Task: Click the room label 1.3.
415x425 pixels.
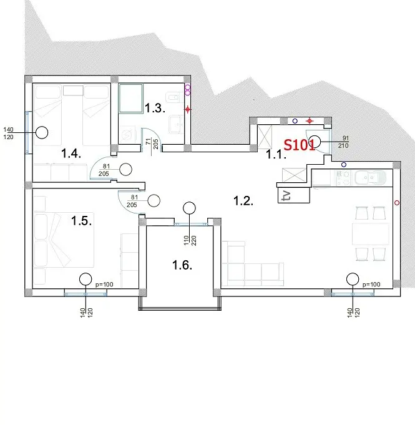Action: pos(155,108)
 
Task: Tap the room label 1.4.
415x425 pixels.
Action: pos(71,154)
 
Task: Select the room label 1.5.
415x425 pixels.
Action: pos(81,221)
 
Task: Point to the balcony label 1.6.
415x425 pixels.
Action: pos(182,265)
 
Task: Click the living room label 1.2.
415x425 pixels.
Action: pos(243,201)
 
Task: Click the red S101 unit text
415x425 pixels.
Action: pos(299,145)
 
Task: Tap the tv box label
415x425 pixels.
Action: pos(286,195)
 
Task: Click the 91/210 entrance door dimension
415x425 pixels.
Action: pos(343,142)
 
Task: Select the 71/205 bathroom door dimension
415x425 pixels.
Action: pos(152,144)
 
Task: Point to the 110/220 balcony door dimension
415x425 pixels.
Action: pos(190,240)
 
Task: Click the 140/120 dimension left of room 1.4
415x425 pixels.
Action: pos(8,134)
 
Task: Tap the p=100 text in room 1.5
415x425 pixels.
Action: pos(104,285)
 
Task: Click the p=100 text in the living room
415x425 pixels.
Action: pos(371,285)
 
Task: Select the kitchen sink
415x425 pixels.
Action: pos(370,178)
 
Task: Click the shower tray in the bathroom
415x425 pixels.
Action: pos(131,98)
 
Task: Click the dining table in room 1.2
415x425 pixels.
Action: pos(371,233)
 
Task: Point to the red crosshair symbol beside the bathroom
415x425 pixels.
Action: pos(188,109)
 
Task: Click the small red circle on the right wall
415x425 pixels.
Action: pos(397,202)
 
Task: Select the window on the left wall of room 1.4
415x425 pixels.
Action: pos(27,132)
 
